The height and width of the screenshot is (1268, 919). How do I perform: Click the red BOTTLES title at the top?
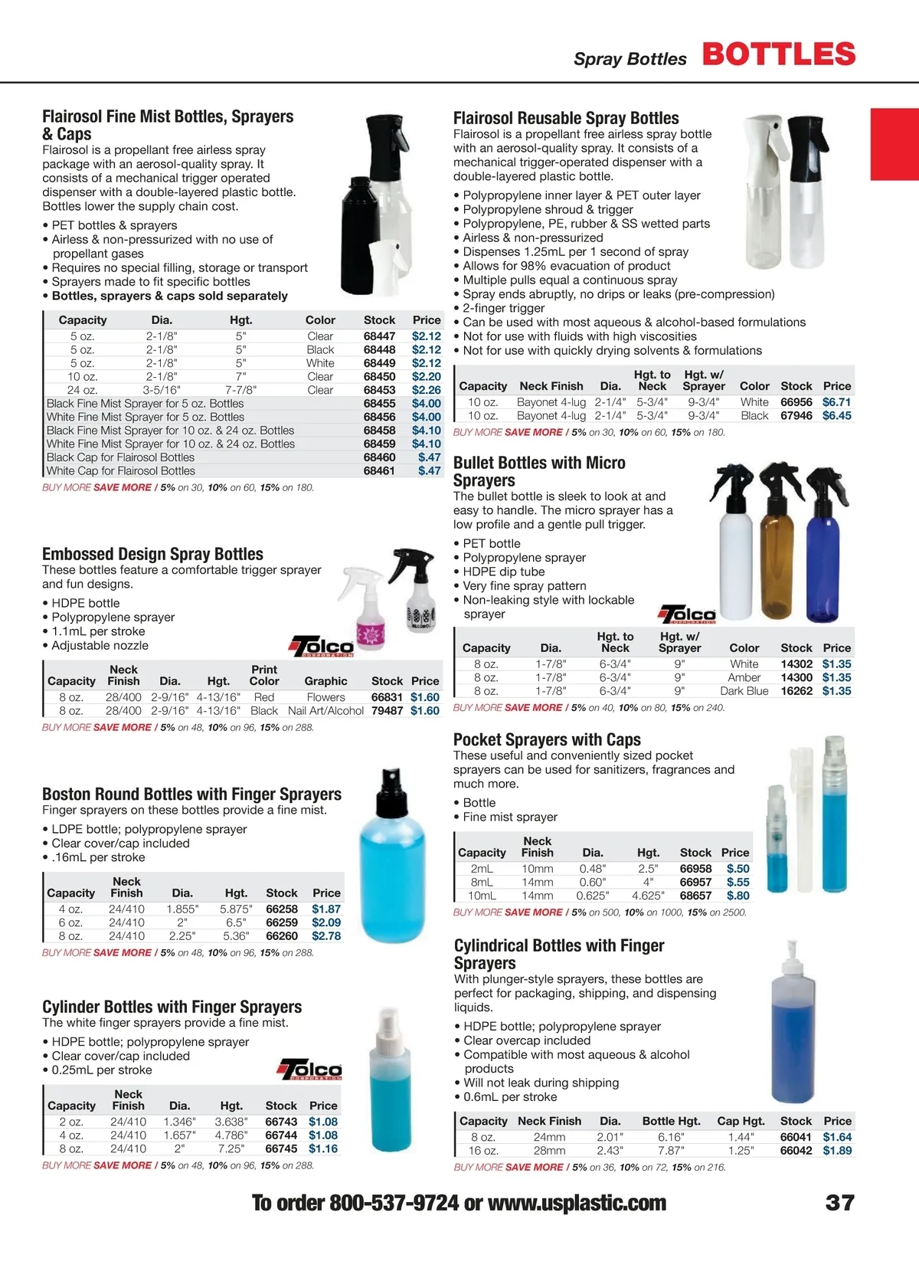coord(778,54)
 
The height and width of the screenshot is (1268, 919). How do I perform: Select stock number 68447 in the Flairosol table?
coord(379,336)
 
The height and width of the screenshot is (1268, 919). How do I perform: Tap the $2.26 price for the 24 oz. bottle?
coord(426,390)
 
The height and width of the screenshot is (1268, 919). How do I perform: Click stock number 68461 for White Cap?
coord(379,471)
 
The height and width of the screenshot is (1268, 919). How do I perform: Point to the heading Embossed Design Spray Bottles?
coord(152,554)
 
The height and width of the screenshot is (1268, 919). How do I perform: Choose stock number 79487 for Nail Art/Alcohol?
coord(387,711)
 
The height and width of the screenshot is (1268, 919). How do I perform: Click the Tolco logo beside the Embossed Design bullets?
coord(322,646)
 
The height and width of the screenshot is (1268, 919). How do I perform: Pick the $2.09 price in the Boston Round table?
coord(326,922)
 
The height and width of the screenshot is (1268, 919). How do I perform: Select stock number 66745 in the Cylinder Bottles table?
coord(281,1148)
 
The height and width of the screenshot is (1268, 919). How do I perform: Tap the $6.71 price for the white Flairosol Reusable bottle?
coord(836,402)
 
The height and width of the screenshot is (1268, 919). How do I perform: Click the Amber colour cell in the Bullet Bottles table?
coord(744,677)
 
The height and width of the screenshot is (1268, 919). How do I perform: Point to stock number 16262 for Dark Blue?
coord(796,691)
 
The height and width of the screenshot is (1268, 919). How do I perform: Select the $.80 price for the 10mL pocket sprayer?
coord(737,896)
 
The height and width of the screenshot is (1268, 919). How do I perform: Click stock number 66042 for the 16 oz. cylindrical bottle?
coord(796,1151)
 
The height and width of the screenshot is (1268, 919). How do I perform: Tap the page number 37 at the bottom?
coord(839,1203)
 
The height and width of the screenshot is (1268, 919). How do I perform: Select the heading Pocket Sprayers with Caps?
coord(547,739)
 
